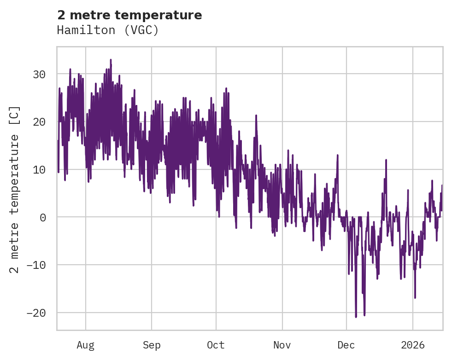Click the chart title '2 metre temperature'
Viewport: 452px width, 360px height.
(x=129, y=15)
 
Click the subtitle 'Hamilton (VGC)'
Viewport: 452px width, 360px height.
(x=108, y=30)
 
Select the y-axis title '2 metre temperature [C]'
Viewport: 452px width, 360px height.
(x=15, y=189)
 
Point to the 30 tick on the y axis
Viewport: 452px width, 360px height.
(x=40, y=74)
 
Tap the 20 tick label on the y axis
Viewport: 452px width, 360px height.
(x=40, y=122)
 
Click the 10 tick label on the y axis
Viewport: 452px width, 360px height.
(x=40, y=169)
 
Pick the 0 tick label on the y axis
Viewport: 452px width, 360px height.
(x=43, y=217)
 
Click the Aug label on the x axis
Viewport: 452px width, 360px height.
(x=86, y=345)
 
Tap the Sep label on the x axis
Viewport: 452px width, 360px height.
(x=152, y=345)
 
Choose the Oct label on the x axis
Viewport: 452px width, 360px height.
(x=216, y=345)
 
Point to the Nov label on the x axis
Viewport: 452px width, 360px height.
(x=282, y=345)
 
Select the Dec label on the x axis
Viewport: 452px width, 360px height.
(x=346, y=345)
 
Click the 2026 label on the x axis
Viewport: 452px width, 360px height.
(x=413, y=345)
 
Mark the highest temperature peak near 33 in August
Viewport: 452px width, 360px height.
(x=111, y=60)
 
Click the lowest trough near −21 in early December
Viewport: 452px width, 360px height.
(x=356, y=317)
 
